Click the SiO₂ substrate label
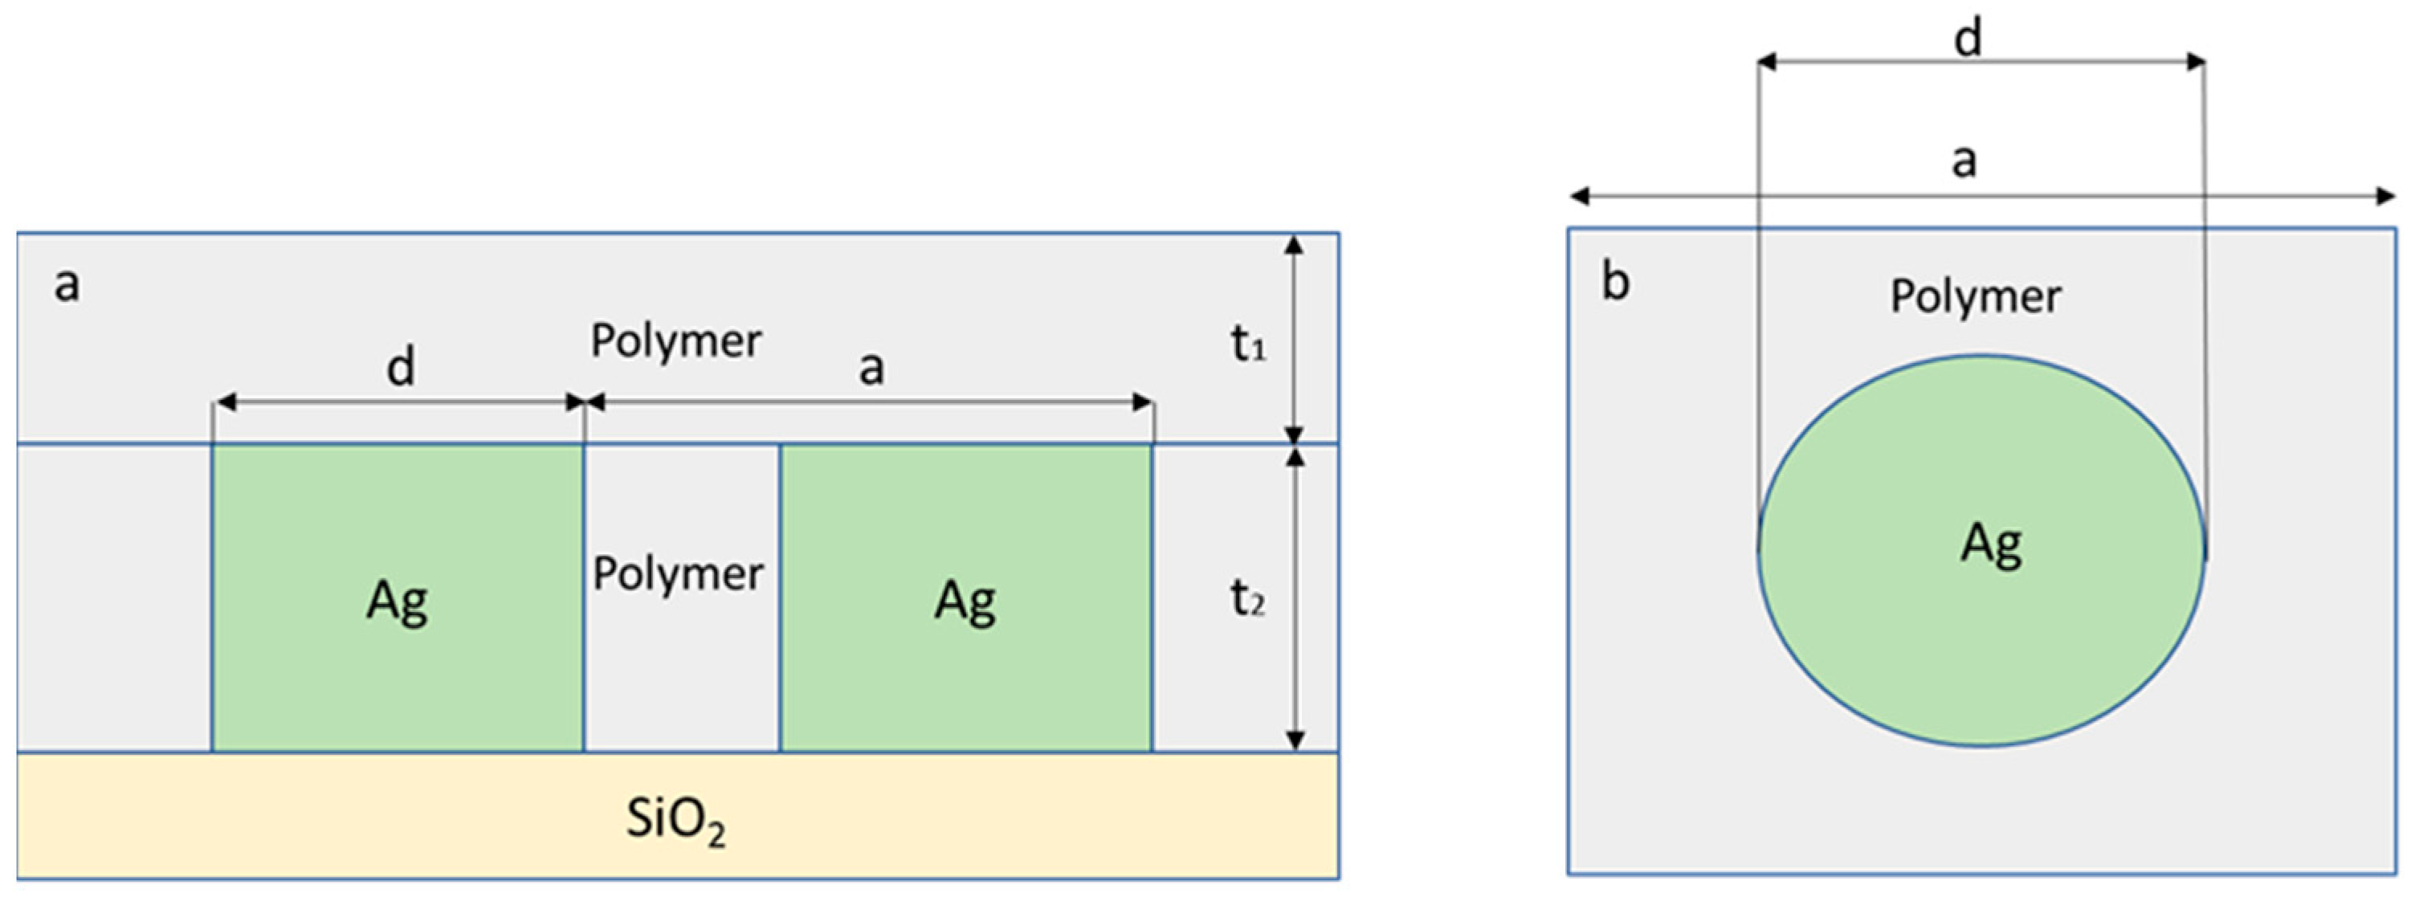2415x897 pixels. click(675, 819)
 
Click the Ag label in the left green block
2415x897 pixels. click(397, 601)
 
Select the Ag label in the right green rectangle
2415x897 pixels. click(965, 601)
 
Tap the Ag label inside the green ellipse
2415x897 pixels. click(1990, 544)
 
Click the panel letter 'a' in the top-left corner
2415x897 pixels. click(67, 283)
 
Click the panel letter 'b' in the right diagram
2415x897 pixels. click(1615, 280)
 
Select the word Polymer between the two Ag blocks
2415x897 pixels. click(678, 573)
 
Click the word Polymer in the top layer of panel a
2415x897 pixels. click(675, 340)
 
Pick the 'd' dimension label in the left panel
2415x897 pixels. click(400, 366)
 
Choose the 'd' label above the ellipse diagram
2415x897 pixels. click(1967, 39)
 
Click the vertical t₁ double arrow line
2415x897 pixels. click(1294, 337)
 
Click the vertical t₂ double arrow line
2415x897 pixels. click(1295, 600)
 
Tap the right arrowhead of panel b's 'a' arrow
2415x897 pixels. click(2385, 196)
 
